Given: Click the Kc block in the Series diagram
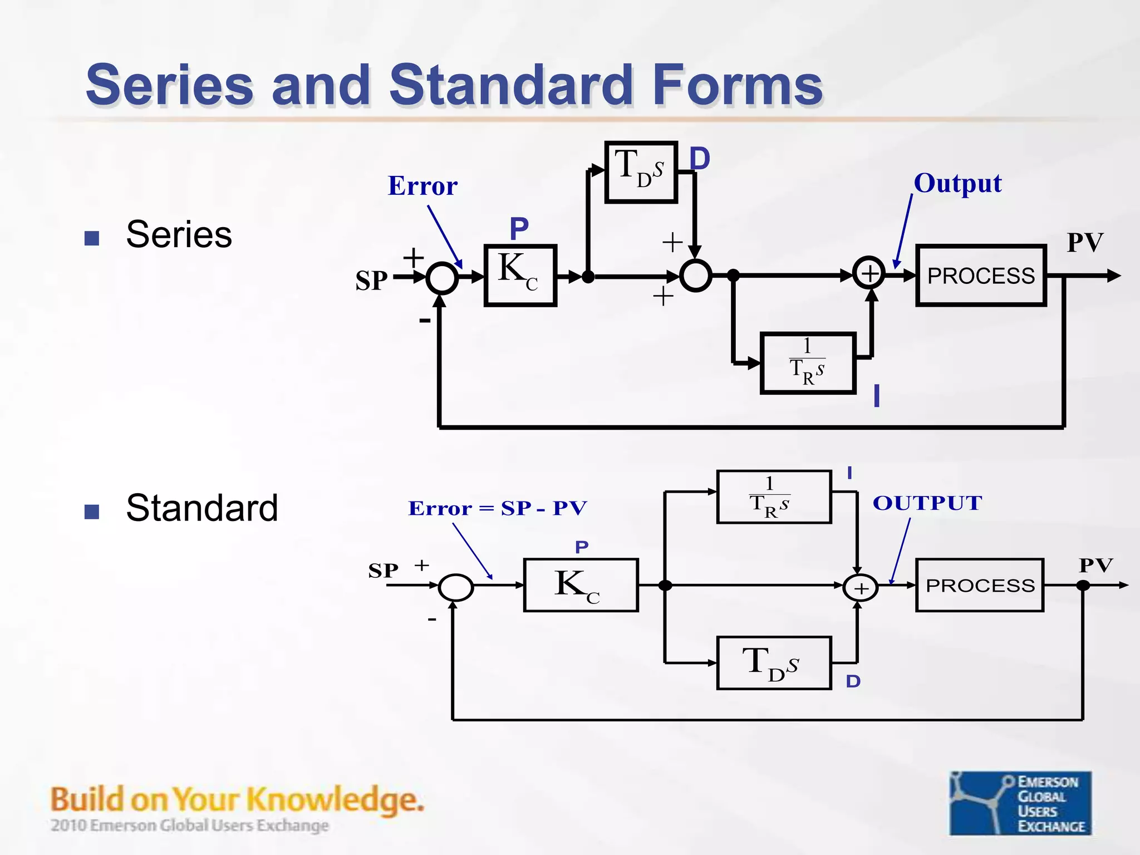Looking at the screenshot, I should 520,275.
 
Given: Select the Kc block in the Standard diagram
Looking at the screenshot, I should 581,585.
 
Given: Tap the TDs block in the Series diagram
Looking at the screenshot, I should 641,171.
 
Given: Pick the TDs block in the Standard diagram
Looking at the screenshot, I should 773,663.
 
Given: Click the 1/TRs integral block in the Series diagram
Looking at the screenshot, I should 807,363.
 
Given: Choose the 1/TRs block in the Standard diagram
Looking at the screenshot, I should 773,497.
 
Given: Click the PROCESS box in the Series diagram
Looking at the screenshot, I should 981,276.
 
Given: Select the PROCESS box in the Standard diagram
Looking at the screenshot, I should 980,585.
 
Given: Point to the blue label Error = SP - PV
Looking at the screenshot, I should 497,508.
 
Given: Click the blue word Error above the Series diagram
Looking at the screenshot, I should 422,185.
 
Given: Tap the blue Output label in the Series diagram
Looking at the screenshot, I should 957,183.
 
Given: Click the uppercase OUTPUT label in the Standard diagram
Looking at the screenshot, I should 927,503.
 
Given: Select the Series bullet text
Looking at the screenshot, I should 179,234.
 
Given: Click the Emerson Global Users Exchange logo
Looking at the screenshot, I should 1020,802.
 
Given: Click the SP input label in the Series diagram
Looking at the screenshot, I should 371,281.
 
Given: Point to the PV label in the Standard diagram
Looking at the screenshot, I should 1095,565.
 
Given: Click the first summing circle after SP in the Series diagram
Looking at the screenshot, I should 442,277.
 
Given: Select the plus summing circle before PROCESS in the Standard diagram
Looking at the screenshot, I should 860,588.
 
